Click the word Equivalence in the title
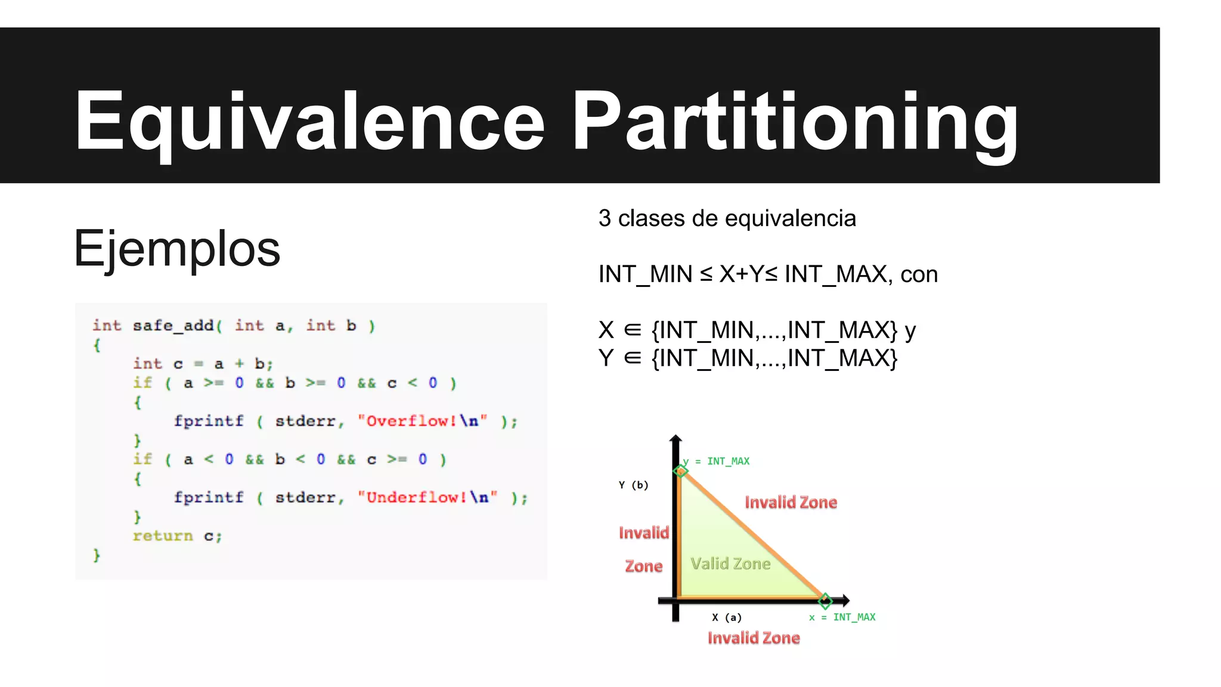309,120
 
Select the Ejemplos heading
177,248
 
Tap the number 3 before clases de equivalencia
605,218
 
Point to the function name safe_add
173,326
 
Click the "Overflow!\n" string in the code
422,421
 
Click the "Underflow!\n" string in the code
427,497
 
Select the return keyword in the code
163,536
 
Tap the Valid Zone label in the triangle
730,564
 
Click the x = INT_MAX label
842,617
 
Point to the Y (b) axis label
633,485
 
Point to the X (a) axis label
727,617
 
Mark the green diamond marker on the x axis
825,600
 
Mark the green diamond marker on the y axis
680,471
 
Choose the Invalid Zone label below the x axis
754,638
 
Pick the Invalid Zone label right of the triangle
791,502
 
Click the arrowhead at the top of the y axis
675,440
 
